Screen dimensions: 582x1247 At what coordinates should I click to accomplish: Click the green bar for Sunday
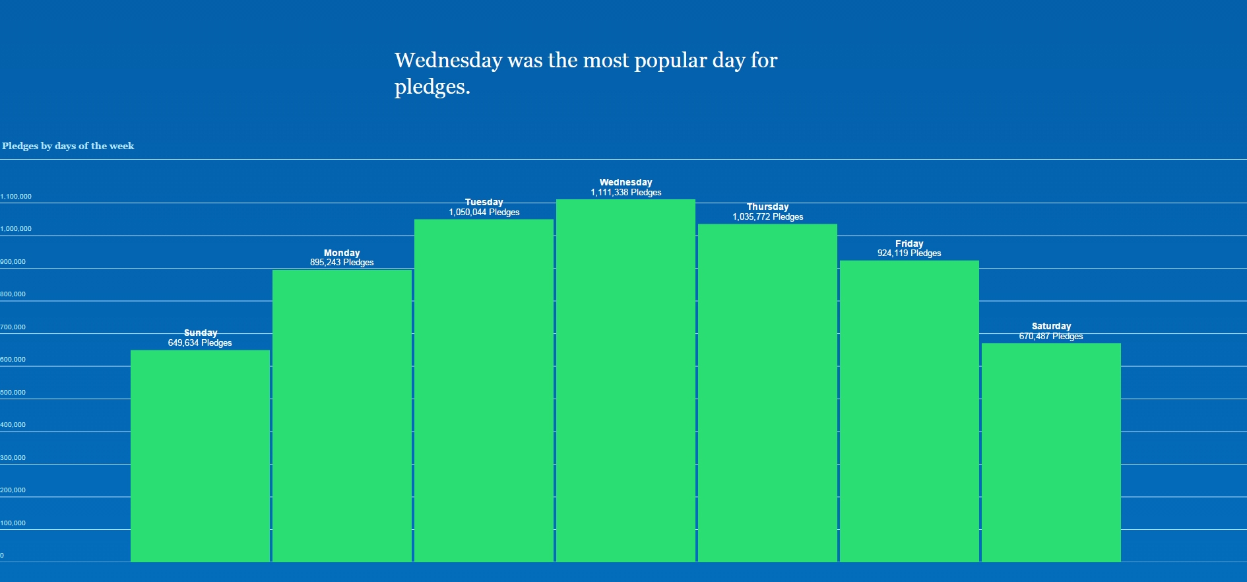(200, 455)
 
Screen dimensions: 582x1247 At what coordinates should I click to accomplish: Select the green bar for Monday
(342, 416)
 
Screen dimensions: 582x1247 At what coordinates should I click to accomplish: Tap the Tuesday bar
(484, 390)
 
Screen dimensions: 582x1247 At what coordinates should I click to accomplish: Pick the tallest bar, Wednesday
(625, 380)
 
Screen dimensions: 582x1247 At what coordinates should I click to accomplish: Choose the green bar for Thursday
(767, 393)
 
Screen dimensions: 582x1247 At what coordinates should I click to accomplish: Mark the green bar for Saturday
(1051, 452)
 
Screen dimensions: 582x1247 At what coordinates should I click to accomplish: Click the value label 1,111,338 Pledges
(625, 193)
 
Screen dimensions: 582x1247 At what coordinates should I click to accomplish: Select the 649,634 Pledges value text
(200, 343)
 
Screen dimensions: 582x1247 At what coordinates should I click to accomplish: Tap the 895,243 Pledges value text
(342, 263)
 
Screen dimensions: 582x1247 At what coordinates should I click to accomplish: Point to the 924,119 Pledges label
(909, 253)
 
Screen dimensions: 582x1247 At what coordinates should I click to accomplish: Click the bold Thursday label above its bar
(767, 207)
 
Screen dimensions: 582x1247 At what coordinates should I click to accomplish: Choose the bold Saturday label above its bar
(1051, 326)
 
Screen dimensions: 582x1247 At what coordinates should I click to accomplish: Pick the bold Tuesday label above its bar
(484, 202)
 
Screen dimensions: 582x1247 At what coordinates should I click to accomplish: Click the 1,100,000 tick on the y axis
(16, 197)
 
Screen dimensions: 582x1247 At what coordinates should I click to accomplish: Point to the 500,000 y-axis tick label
(13, 393)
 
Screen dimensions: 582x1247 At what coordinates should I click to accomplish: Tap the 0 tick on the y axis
(2, 556)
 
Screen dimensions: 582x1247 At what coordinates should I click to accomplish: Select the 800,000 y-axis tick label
(13, 294)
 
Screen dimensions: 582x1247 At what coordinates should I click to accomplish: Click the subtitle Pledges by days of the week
(68, 146)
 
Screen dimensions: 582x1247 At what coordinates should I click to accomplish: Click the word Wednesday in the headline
(448, 60)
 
